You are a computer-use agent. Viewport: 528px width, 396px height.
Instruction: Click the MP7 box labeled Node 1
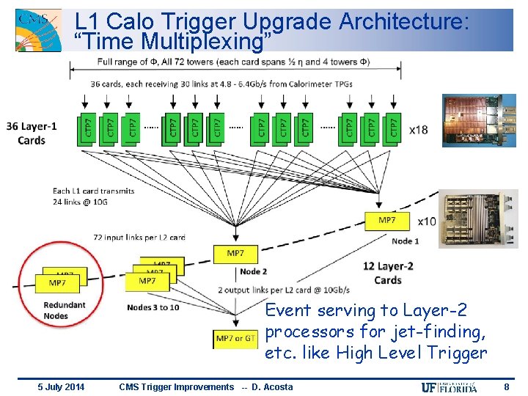point(386,221)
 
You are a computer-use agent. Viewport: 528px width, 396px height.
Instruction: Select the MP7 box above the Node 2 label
point(235,254)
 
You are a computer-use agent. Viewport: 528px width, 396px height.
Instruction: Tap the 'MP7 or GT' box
point(235,339)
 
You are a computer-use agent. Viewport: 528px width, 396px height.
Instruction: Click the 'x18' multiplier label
point(419,130)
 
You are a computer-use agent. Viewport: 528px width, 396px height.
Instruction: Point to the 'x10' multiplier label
point(426,221)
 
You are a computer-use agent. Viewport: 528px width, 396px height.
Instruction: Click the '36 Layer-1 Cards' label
point(32,133)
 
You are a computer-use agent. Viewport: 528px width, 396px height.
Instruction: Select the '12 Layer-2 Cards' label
point(388,273)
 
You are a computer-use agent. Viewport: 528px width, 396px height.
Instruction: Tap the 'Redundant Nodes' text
point(65,310)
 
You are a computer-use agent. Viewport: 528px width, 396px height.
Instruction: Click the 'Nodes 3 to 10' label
point(153,307)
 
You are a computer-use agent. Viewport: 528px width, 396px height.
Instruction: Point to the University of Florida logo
point(449,387)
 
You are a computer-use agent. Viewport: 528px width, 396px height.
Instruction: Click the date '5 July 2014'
point(61,387)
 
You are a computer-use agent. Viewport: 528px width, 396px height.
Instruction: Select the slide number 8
point(507,386)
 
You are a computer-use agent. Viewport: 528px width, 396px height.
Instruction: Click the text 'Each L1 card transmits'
point(93,191)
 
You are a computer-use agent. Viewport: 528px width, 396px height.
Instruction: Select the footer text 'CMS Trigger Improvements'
point(175,387)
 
